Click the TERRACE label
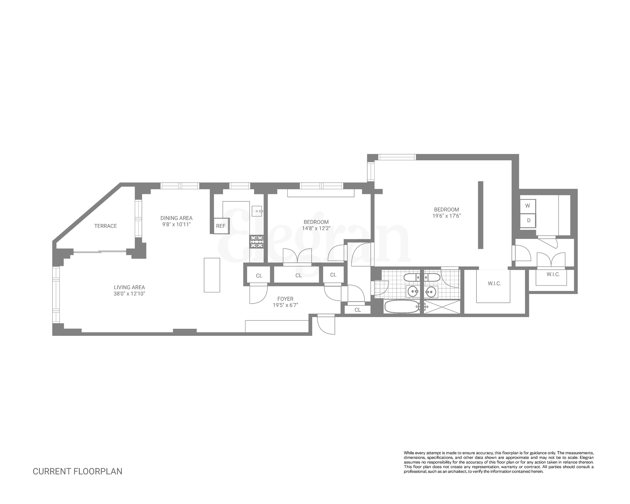(x=105, y=226)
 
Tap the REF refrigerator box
(x=221, y=226)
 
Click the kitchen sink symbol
(x=257, y=211)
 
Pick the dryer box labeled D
(x=528, y=220)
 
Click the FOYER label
(x=285, y=299)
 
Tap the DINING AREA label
(x=176, y=218)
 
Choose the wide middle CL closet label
(x=298, y=276)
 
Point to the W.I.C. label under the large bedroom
(x=494, y=283)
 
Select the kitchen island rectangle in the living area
(x=212, y=275)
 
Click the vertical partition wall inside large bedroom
(x=480, y=215)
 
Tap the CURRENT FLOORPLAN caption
(x=77, y=471)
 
